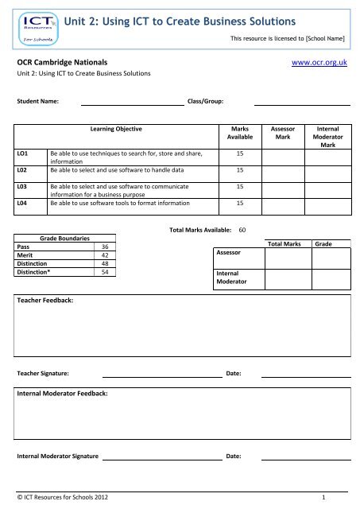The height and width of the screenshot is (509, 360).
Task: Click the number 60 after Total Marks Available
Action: (243, 229)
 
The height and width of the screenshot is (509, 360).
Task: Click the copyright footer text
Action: (64, 497)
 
